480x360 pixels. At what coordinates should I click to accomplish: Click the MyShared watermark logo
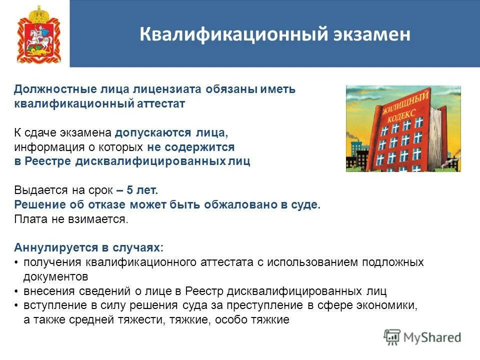(422, 337)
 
